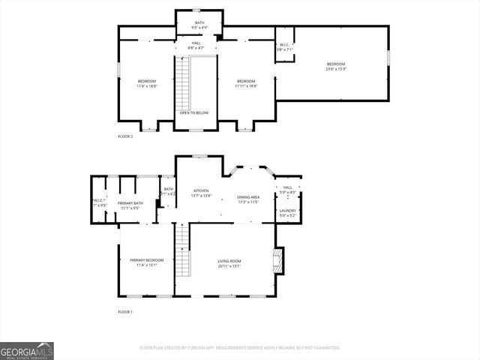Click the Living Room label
(x=229, y=261)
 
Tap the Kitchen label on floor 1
(x=201, y=191)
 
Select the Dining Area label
(x=247, y=197)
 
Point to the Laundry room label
(x=287, y=211)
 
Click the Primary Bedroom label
(x=146, y=261)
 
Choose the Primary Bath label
(x=131, y=203)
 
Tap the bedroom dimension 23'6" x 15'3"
(x=335, y=69)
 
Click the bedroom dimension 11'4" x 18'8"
(x=146, y=86)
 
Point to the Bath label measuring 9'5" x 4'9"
(x=199, y=28)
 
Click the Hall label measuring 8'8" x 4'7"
(x=196, y=48)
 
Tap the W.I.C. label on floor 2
(x=284, y=47)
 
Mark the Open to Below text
(x=193, y=112)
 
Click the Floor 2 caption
(x=125, y=136)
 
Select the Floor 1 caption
(x=125, y=311)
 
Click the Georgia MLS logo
(x=27, y=350)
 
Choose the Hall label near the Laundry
(x=287, y=188)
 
